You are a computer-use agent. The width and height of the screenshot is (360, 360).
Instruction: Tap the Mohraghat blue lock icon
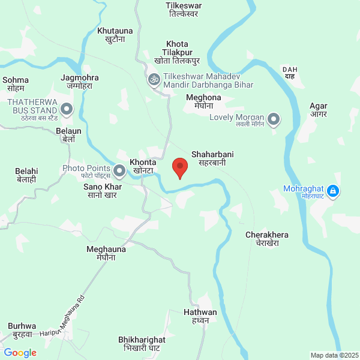(334, 192)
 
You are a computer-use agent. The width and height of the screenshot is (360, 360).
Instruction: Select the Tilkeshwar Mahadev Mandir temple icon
(154, 79)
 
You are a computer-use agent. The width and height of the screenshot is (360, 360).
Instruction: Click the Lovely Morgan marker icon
(274, 119)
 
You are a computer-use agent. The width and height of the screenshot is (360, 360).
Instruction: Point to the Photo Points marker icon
(119, 172)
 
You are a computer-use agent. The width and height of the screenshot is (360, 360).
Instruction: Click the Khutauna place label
(114, 34)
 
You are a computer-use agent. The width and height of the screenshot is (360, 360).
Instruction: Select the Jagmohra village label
(80, 82)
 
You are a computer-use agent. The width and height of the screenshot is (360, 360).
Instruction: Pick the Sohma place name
(16, 84)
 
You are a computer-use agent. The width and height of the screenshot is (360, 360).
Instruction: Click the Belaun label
(68, 134)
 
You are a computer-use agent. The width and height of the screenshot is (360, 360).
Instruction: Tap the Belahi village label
(26, 175)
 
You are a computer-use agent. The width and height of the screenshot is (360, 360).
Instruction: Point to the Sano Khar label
(102, 191)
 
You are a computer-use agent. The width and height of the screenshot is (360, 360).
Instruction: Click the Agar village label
(318, 110)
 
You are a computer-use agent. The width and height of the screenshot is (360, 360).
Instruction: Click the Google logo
(20, 353)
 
